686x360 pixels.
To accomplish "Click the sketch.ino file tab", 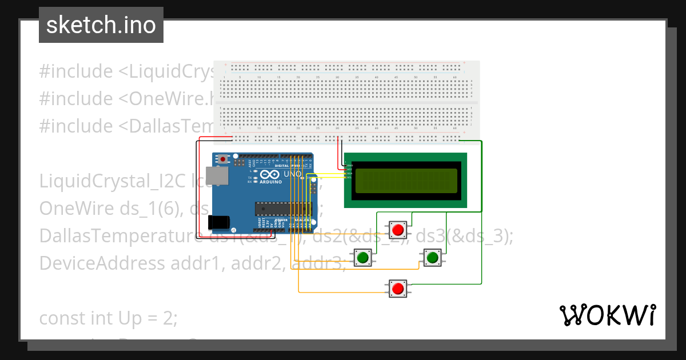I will [101, 25].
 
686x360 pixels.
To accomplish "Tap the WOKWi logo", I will [607, 315].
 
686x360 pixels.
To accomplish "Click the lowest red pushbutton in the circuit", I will [398, 289].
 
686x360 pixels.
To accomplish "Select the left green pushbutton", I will [362, 258].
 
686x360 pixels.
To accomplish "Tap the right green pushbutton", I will [432, 258].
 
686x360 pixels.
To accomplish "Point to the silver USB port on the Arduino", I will [218, 177].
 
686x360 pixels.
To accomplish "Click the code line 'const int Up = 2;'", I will [108, 318].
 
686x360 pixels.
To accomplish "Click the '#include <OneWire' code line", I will [126, 98].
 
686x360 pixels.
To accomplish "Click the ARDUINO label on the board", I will [271, 182].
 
